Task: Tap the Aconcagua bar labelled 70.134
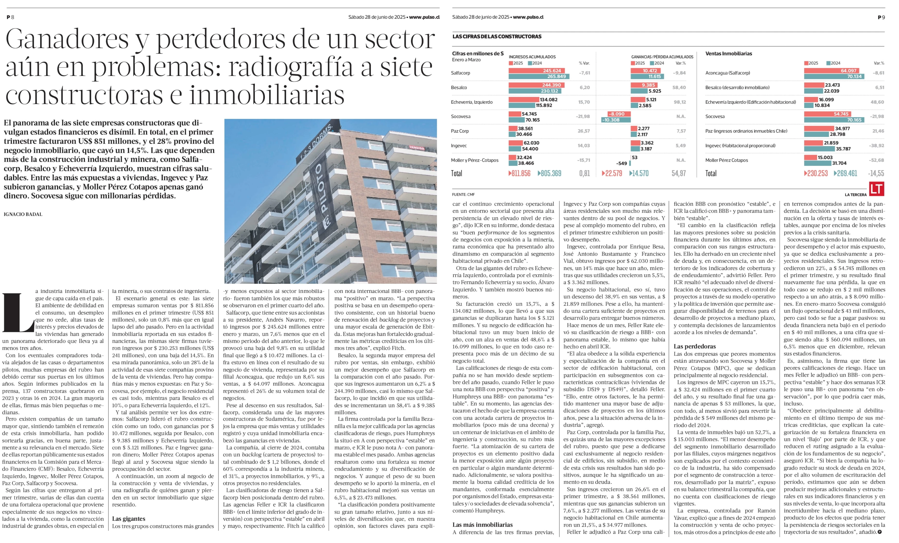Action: click(834, 76)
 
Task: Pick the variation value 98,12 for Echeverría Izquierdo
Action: click(680, 102)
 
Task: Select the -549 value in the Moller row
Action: click(622, 163)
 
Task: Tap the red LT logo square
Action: click(876, 189)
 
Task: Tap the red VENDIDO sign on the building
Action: click(417, 148)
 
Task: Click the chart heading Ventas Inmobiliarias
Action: click(729, 54)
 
